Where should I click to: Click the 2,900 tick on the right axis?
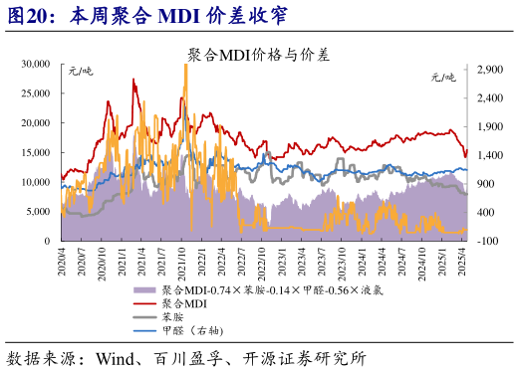(x=488, y=70)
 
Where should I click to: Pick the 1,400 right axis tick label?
(x=488, y=156)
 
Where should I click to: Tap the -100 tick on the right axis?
(x=487, y=242)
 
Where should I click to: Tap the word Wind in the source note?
(x=116, y=357)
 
